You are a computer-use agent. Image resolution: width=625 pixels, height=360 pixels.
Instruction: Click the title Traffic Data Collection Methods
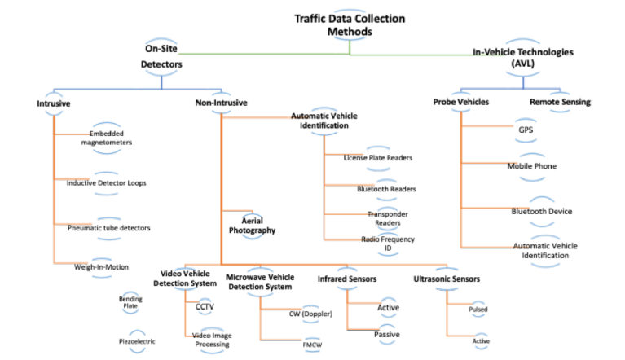coord(350,25)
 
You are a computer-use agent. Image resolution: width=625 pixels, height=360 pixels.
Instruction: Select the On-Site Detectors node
coord(161,55)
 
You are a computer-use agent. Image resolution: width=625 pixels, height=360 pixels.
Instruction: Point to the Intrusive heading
coord(54,103)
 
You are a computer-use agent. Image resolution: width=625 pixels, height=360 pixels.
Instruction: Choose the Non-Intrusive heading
coord(221,103)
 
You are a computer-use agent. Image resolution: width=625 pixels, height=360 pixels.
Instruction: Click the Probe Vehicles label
coord(461,102)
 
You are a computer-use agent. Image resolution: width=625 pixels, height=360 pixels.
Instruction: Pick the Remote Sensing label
coord(560,102)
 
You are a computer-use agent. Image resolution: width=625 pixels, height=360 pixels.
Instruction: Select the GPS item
coord(526,130)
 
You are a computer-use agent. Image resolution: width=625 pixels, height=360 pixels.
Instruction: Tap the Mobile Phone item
coord(532,166)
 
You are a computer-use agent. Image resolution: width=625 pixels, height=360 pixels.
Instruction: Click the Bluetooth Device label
coord(542,211)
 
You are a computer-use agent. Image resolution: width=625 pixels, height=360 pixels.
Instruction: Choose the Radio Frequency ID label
coord(388,243)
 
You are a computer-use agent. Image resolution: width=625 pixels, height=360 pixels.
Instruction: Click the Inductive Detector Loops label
coord(108,182)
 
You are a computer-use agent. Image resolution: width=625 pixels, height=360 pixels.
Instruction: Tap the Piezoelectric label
coord(136,341)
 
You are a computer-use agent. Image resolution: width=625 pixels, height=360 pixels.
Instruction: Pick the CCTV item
coord(205,306)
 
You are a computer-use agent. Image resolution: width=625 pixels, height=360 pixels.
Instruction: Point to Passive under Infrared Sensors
coord(386,334)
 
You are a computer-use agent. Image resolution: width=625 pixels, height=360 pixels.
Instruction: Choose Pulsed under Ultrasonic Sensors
coord(478,310)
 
